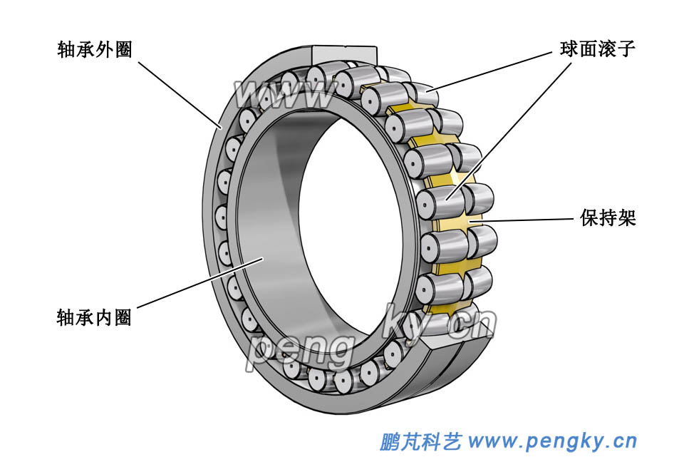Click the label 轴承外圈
95,49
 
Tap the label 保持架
608,218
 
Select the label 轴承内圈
94,317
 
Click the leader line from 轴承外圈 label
178,93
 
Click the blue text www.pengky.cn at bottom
552,441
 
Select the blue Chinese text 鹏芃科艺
421,442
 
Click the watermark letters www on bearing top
285,93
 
